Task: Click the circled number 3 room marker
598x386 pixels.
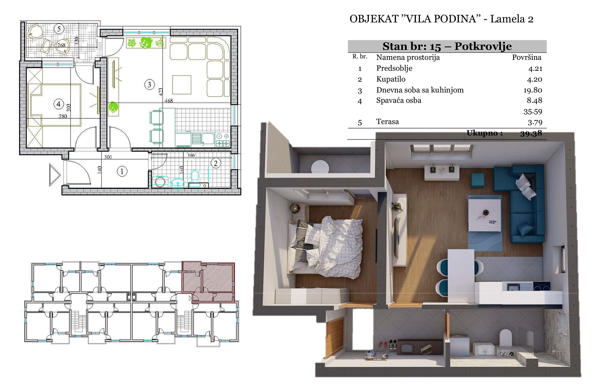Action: click(149, 84)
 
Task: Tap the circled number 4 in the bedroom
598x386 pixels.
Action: click(59, 104)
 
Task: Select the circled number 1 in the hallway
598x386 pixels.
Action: click(122, 171)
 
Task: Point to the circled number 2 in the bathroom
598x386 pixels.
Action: click(216, 163)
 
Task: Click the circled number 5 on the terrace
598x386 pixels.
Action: click(59, 29)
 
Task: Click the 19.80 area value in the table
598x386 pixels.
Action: click(533, 90)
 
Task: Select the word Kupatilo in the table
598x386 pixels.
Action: click(391, 79)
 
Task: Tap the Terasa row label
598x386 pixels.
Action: click(387, 122)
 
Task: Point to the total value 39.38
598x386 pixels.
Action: click(531, 133)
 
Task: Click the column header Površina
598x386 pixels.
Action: click(527, 57)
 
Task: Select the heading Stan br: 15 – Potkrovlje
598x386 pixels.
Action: click(447, 46)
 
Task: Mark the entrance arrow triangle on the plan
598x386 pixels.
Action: click(55, 175)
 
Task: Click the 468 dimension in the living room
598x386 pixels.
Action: click(168, 101)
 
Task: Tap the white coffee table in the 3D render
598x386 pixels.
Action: click(485, 215)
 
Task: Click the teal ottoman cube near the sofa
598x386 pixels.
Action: click(477, 180)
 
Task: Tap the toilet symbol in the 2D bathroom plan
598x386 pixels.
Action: click(195, 177)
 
